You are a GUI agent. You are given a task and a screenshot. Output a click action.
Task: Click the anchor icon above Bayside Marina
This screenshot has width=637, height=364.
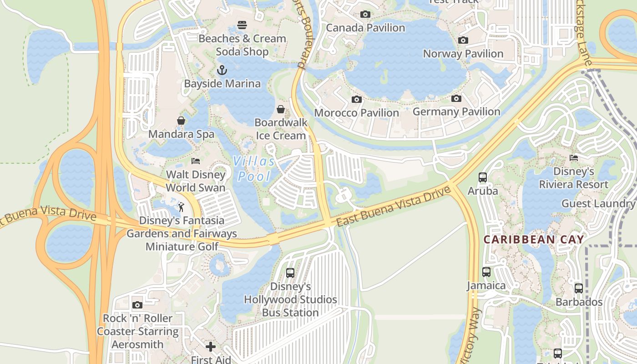(x=222, y=70)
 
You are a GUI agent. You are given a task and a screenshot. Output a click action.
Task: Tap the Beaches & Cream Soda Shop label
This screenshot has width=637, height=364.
(x=242, y=45)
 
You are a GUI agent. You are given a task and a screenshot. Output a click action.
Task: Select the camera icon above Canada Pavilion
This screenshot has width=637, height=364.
(x=365, y=15)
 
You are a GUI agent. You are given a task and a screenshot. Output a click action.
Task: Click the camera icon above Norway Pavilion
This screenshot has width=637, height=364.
(x=463, y=40)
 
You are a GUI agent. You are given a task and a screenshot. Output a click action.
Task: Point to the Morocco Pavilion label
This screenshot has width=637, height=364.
(x=356, y=112)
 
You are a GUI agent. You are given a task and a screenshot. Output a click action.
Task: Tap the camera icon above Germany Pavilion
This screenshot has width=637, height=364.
(x=456, y=99)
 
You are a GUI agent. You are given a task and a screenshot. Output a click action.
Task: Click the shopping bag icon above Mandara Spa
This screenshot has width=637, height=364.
(x=181, y=121)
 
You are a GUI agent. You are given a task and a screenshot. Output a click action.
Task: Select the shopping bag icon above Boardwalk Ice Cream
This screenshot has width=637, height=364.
(x=281, y=109)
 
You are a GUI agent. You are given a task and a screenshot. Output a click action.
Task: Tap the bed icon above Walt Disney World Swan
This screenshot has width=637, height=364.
(x=196, y=161)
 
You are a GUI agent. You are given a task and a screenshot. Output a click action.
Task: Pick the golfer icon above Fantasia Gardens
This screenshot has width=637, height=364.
(x=181, y=207)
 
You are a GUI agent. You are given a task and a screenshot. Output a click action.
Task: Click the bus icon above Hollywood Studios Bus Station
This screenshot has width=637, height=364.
(x=290, y=273)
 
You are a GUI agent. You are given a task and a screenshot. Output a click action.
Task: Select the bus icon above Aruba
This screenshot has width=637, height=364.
(x=483, y=177)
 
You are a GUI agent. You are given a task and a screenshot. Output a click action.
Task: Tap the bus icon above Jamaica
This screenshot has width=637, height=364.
(x=486, y=272)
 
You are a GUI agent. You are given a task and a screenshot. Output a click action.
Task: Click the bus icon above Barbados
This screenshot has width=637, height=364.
(x=578, y=288)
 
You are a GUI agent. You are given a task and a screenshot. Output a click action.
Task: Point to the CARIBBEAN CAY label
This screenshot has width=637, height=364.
(x=533, y=239)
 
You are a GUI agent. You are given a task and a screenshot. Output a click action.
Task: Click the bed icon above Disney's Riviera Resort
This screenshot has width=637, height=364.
(x=574, y=158)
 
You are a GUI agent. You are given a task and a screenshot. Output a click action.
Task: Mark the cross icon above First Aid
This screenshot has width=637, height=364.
(x=211, y=347)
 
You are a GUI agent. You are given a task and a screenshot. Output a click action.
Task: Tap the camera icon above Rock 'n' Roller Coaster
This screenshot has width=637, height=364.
(x=137, y=305)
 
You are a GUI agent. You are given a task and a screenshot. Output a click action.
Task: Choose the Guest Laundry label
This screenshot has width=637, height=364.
(x=598, y=203)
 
